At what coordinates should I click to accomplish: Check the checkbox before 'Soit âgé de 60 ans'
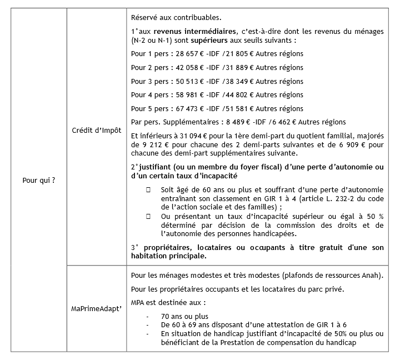[x=149, y=190]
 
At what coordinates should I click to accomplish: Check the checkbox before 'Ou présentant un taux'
[x=149, y=216]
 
